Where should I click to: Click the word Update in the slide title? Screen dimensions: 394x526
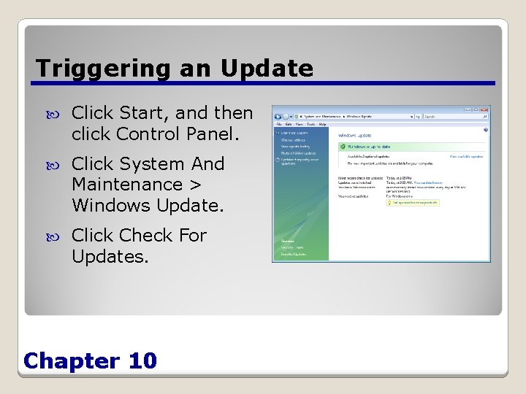click(x=267, y=69)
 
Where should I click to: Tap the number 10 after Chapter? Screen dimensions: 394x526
click(x=141, y=360)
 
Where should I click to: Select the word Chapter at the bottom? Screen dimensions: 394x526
click(x=71, y=360)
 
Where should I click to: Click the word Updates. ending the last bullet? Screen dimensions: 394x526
click(x=110, y=257)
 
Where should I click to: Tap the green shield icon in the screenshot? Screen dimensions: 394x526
click(x=342, y=146)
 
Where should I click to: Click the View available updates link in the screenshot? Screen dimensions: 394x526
click(x=465, y=156)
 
